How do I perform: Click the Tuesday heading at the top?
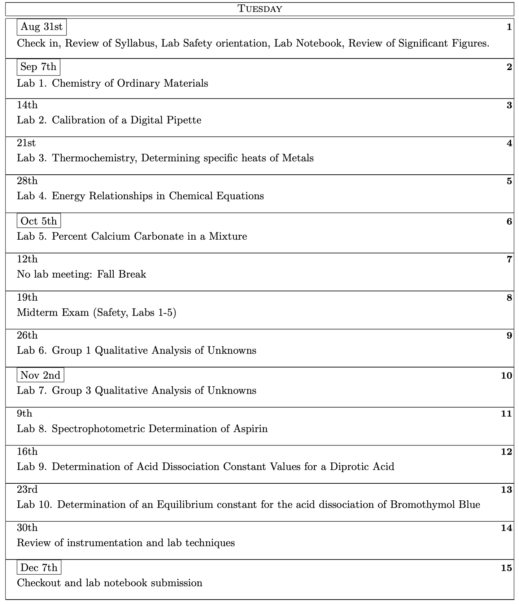[259, 9]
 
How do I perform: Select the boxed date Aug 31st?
[42, 27]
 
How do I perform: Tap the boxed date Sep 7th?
[38, 67]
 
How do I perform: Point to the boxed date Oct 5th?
[39, 221]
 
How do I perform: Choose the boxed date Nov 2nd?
[40, 375]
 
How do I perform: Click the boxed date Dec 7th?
[39, 567]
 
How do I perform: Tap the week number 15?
[506, 568]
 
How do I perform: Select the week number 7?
[509, 259]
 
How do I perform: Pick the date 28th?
[27, 180]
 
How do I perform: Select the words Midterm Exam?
[53, 312]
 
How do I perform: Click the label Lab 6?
[32, 351]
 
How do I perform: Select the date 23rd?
[27, 489]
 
